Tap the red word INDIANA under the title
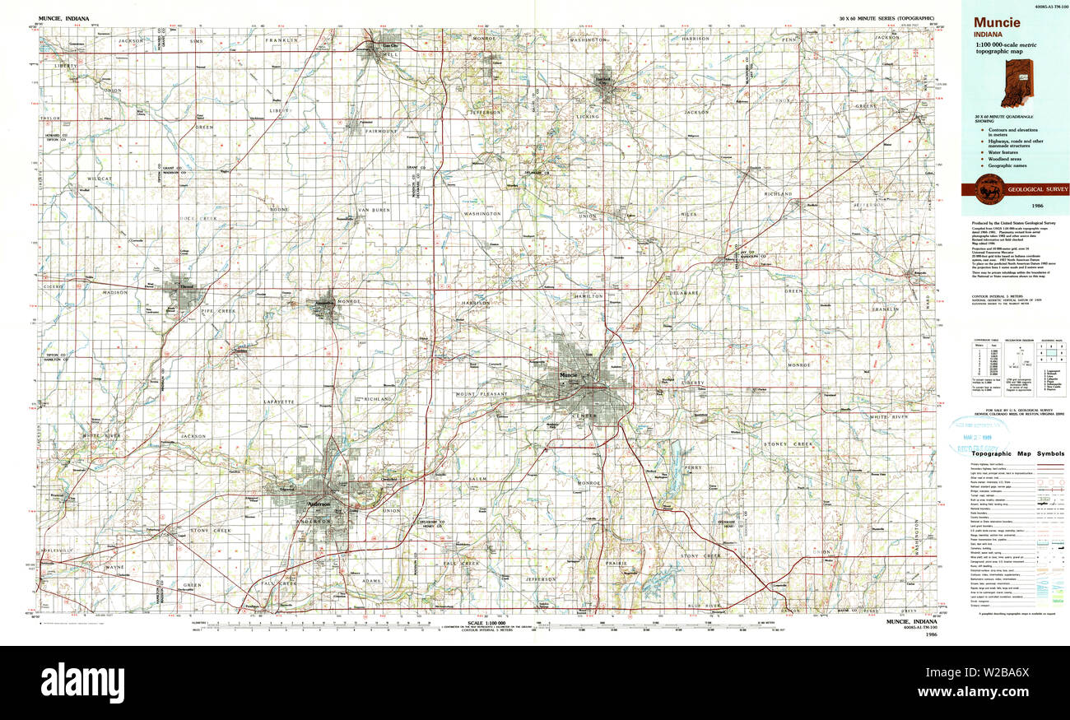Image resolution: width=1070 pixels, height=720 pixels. [x=989, y=35]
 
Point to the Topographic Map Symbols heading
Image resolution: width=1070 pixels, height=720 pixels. [x=1017, y=453]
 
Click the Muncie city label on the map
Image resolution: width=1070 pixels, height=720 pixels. [x=568, y=375]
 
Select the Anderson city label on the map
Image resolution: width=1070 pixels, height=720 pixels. [x=318, y=504]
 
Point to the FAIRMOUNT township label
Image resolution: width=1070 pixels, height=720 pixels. [x=379, y=131]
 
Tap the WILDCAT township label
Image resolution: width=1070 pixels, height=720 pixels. [x=99, y=178]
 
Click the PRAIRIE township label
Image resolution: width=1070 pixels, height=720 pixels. [x=617, y=563]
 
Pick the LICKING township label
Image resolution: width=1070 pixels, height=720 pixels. [x=588, y=117]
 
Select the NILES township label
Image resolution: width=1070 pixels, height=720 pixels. [x=688, y=214]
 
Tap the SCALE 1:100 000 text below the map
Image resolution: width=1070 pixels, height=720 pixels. [x=485, y=623]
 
